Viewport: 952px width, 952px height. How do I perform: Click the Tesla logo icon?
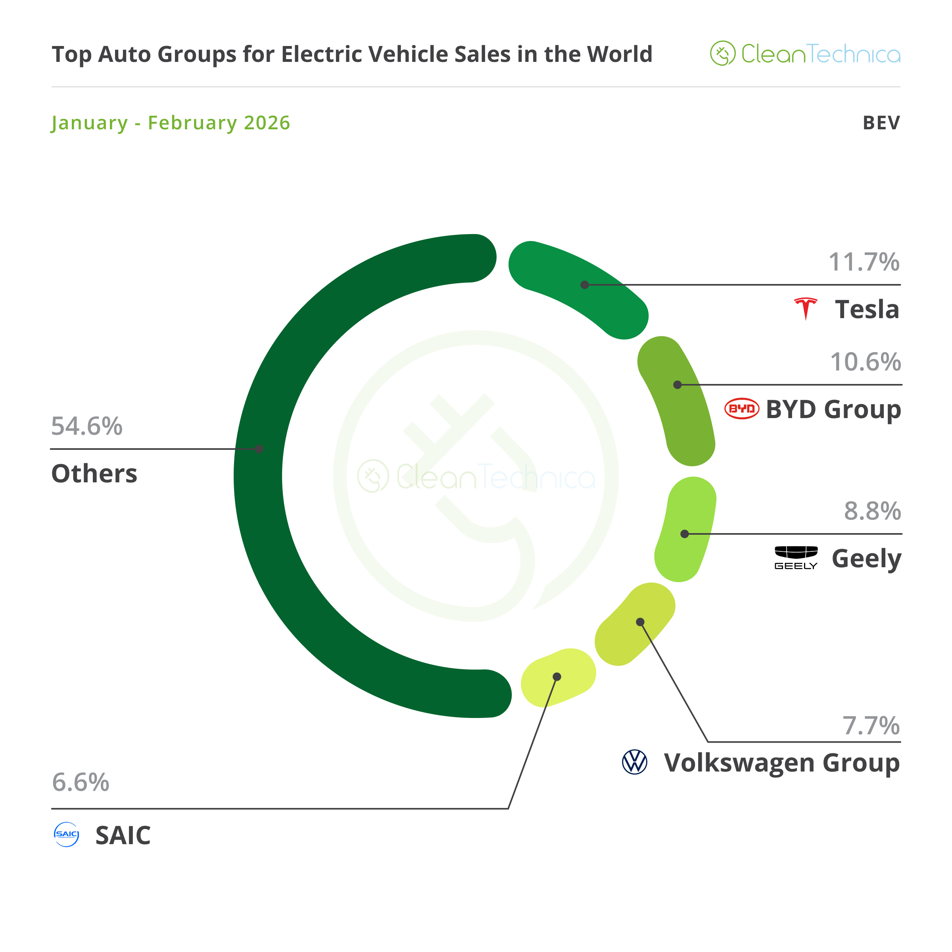pos(806,309)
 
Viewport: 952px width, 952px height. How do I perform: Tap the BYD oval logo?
pos(742,409)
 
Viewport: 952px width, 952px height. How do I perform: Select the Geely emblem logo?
pos(796,557)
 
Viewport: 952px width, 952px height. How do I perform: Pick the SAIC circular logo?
pos(66,834)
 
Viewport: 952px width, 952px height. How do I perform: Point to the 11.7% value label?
pos(864,262)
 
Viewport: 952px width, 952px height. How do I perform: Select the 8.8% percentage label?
pos(872,511)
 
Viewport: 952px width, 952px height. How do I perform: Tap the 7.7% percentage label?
pos(871,726)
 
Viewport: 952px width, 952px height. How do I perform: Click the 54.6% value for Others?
pos(87,426)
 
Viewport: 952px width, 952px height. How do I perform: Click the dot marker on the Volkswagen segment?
pos(640,622)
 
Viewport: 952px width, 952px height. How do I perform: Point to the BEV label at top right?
pos(881,123)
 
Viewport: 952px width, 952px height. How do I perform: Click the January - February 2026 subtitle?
pos(171,123)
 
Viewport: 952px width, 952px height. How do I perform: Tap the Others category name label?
pos(94,474)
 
